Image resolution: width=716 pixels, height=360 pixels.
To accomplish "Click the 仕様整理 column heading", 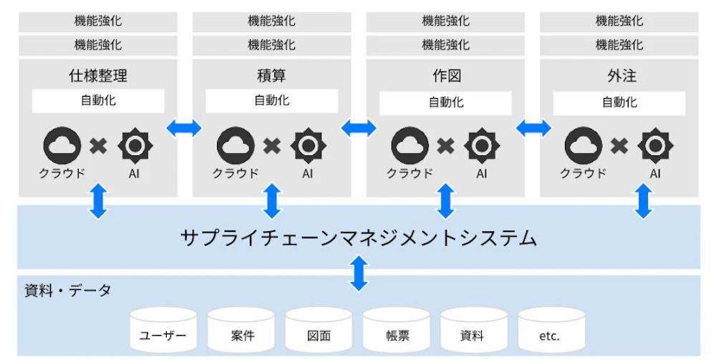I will point(97,74).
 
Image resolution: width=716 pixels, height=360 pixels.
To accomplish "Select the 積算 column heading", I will point(271,74).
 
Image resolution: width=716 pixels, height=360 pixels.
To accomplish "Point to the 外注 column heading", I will point(619,74).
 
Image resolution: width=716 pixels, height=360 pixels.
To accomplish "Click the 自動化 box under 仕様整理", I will point(98,101).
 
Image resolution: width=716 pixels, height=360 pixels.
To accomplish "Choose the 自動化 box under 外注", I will point(619,102).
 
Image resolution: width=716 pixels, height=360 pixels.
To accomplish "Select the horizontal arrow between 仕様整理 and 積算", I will point(184,128).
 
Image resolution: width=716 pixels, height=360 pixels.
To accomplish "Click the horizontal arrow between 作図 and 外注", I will point(533,128).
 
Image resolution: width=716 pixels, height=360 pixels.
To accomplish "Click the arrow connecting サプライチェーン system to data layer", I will point(358,274).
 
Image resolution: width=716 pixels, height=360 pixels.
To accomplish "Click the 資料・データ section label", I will point(67,291).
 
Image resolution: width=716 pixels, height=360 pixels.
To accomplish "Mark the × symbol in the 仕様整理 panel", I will point(97,147).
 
